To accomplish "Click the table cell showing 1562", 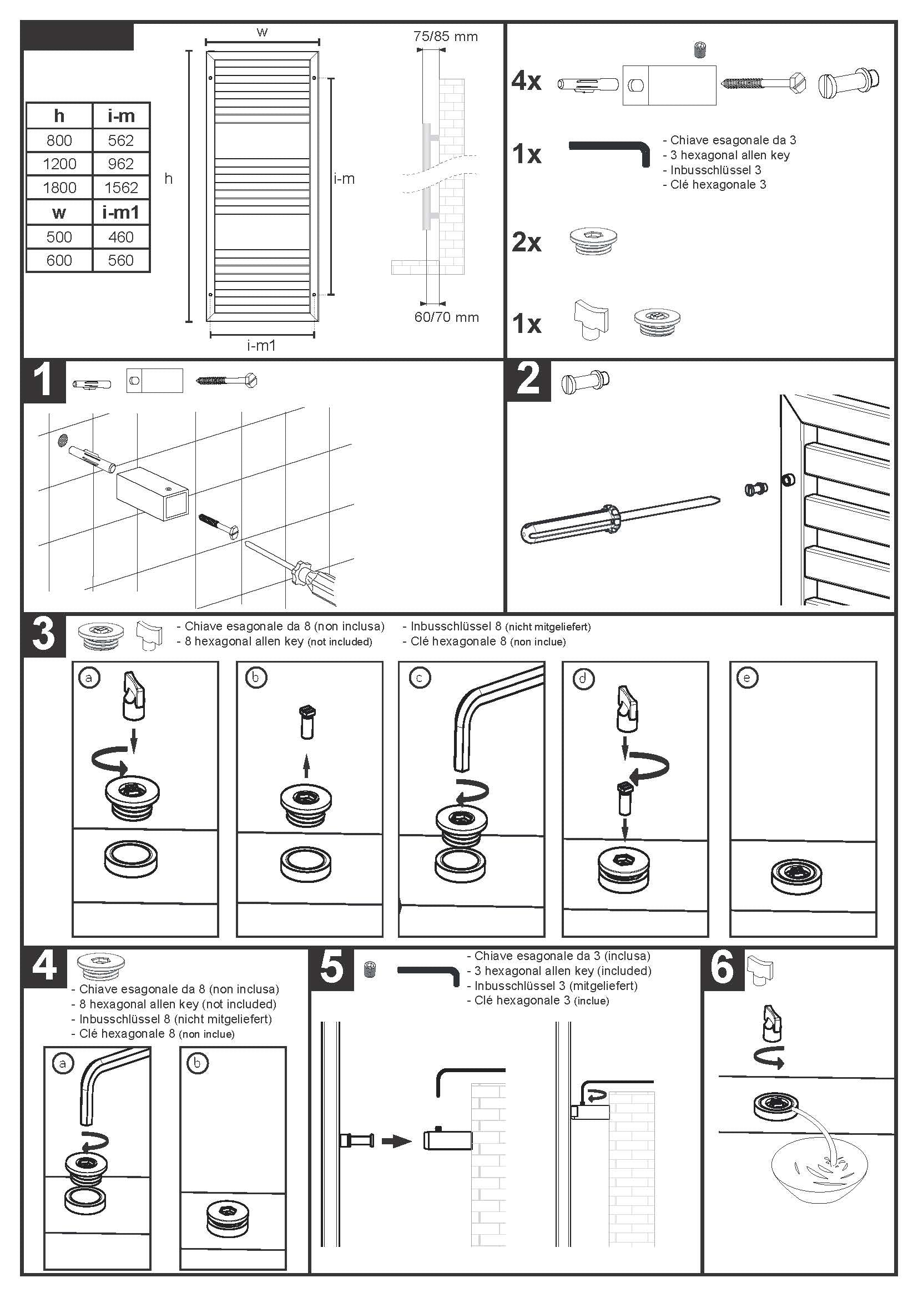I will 121,187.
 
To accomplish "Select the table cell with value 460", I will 121,237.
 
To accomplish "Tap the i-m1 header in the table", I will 121,213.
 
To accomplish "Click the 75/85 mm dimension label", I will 446,37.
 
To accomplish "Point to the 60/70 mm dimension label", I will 447,317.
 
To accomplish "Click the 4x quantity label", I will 526,81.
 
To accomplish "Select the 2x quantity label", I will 526,243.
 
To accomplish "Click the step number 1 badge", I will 43,381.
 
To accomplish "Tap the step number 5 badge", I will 332,967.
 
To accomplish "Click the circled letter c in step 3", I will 420,677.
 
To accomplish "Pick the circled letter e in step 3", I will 746,677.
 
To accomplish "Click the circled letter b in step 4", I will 197,1063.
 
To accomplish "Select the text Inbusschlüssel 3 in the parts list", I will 715,170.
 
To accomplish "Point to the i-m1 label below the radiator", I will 261,345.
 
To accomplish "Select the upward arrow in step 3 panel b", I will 306,765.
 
